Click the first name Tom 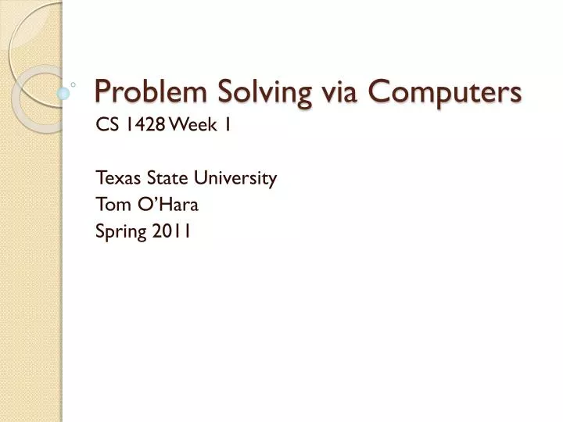(x=111, y=205)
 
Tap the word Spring (x=117, y=231)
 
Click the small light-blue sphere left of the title (x=63, y=93)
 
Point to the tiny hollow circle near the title (x=74, y=82)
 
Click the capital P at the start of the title (x=102, y=92)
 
